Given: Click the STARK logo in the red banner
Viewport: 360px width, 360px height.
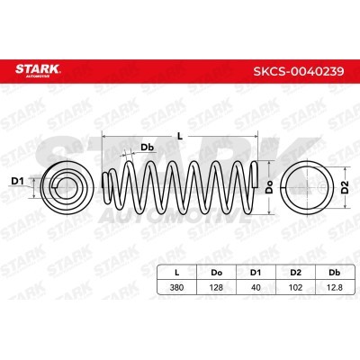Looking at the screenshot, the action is click(38, 70).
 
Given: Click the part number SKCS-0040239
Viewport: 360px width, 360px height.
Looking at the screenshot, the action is click(299, 71).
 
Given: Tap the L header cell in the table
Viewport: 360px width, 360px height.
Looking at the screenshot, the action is click(177, 273).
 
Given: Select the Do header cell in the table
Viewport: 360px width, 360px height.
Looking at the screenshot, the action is click(217, 273).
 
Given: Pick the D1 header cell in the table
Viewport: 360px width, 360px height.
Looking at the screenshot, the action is click(256, 273).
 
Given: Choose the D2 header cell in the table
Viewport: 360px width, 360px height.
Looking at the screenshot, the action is click(295, 273).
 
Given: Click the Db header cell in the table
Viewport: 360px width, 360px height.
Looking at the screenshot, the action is click(334, 273).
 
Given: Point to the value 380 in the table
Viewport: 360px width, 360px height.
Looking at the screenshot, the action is click(177, 287).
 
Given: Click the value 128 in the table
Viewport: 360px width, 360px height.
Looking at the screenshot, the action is click(217, 287).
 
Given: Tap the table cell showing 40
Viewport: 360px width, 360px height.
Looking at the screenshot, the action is click(256, 287).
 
